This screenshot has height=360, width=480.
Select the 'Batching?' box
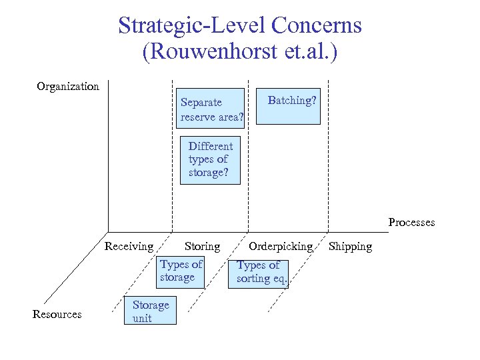pos(291,107)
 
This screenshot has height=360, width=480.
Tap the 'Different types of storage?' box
pos(210,160)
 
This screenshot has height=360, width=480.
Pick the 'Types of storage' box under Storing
pos(180,271)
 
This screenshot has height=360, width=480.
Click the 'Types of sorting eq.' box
pos(261,272)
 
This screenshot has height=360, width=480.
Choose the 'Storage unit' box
pos(151,311)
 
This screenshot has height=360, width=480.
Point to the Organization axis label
pos(68,86)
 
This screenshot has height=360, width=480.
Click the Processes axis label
pos(411,222)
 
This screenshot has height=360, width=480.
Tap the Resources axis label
pos(57,314)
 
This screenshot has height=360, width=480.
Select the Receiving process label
pos(129,246)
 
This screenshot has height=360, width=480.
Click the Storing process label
pos(202,246)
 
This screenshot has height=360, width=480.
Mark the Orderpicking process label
pos(281,246)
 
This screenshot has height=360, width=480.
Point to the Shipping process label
pos(350,246)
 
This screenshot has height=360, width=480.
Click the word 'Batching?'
pos(292,101)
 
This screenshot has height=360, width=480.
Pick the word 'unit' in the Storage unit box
pos(142,318)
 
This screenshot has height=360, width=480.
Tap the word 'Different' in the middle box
pos(211,146)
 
